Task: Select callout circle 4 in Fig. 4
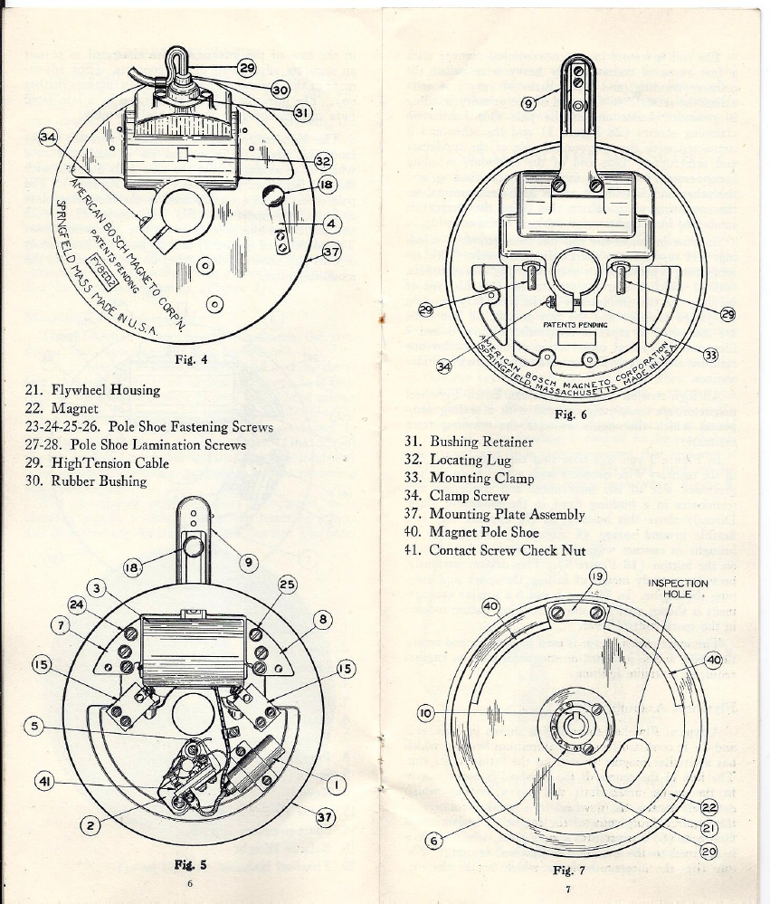[334, 223]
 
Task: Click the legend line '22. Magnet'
[63, 409]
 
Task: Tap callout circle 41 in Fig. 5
[43, 779]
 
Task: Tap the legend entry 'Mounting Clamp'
[481, 478]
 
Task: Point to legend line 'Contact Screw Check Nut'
[507, 550]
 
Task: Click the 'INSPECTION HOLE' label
[678, 588]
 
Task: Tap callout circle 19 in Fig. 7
[597, 576]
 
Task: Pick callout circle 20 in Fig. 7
[708, 851]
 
